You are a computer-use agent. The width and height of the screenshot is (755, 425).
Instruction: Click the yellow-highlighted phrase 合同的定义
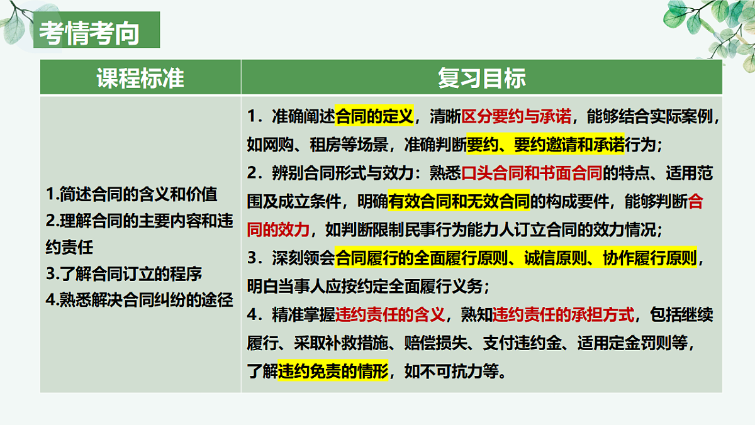[374, 116]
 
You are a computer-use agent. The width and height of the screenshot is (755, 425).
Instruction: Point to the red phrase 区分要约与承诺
[517, 116]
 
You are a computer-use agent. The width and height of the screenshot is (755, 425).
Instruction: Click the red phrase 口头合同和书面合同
[532, 173]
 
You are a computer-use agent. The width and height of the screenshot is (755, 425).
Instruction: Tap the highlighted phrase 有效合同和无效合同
[459, 201]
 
